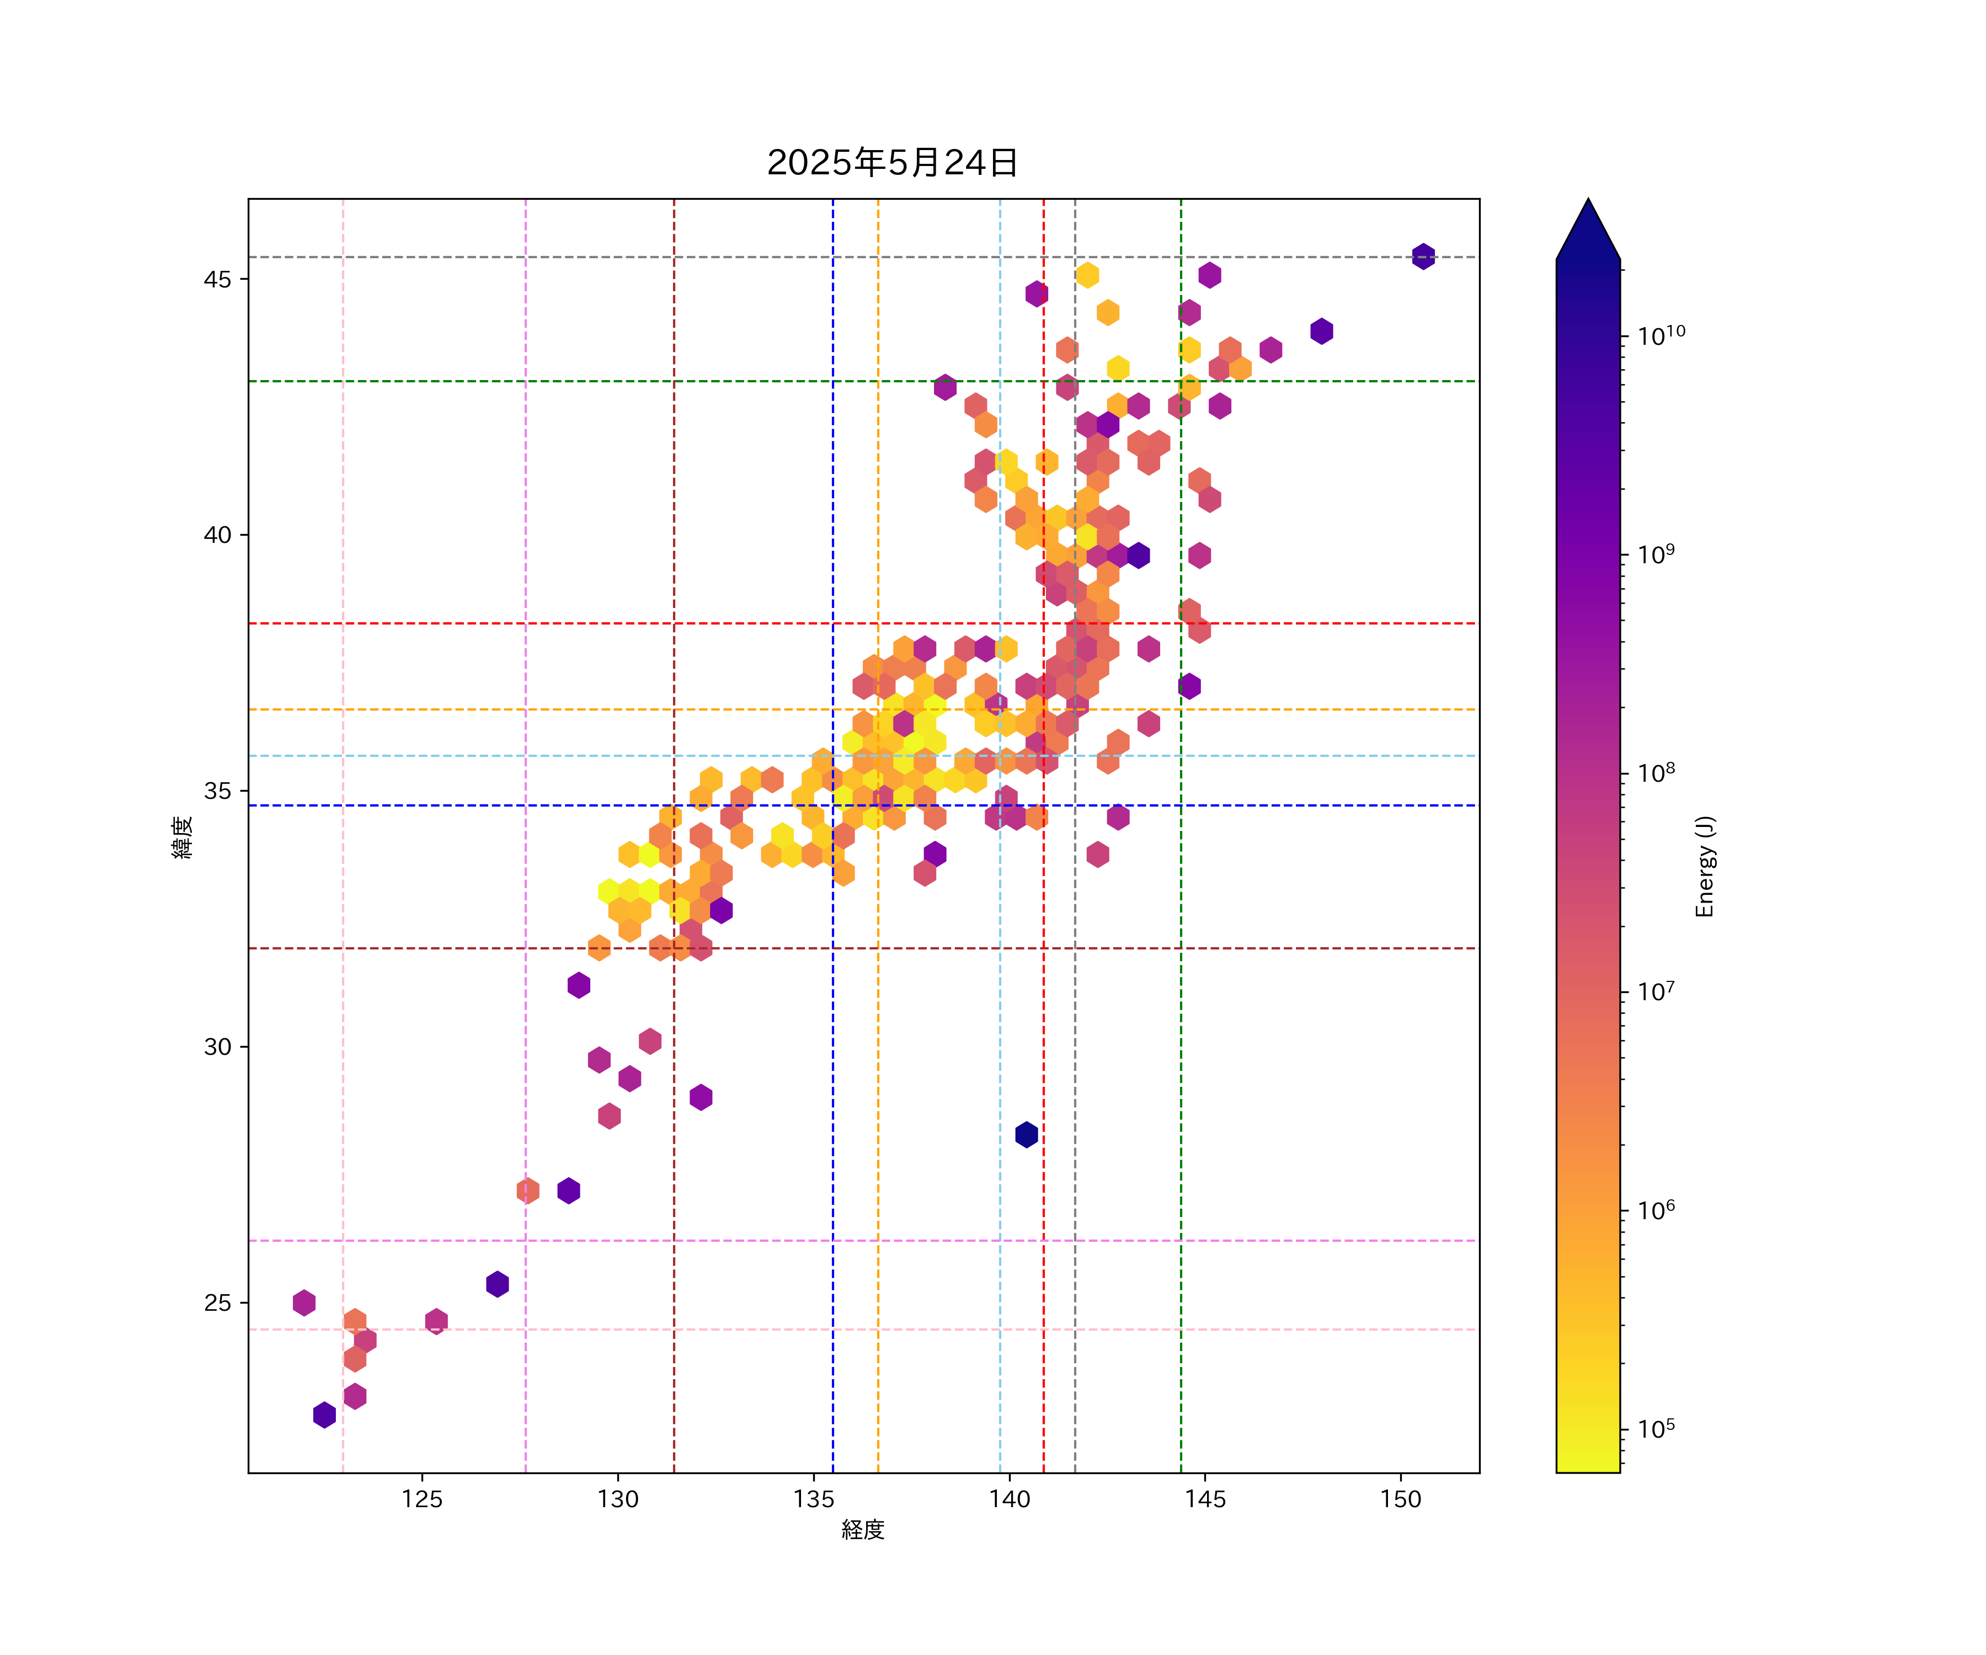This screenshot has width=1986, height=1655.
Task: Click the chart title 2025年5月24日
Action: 892,163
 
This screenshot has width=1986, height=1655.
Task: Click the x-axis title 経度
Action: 862,1530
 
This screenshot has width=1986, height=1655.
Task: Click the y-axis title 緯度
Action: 183,836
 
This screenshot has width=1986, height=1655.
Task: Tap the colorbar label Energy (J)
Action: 1704,866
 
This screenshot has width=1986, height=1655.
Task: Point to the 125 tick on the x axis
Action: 422,1499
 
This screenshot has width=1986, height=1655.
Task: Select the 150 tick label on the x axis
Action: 1401,1499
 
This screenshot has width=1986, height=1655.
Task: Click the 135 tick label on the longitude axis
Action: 813,1499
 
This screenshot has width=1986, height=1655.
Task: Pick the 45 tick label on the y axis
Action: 217,279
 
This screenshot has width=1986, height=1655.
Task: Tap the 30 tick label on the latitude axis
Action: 217,1047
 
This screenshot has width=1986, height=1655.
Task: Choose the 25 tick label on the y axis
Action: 217,1303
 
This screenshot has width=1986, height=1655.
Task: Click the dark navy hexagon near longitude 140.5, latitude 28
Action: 1026,1134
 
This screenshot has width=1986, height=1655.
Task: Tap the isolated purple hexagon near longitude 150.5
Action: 1423,257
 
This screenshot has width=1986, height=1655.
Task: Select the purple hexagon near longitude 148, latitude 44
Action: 1321,331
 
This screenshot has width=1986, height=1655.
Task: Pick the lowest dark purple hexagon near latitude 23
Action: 324,1415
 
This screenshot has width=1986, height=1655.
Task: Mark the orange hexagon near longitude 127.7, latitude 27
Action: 528,1190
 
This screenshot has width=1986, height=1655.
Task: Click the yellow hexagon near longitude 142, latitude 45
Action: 1087,275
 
